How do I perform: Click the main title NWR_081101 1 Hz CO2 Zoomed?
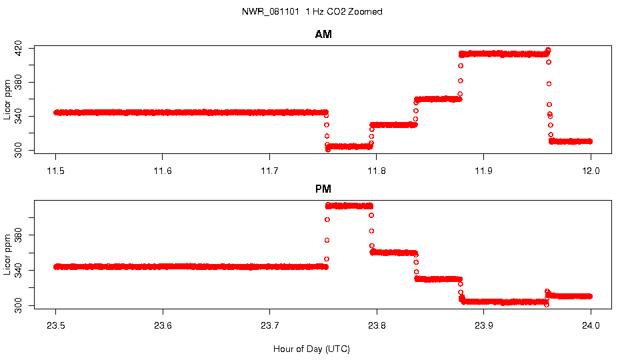coord(312,12)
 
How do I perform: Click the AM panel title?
coord(323,35)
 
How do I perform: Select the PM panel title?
coord(323,189)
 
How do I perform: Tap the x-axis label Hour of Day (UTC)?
coord(311,349)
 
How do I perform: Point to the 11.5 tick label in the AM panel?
coord(56,171)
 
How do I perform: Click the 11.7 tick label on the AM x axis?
coord(269,171)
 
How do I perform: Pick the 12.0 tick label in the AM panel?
coord(591,171)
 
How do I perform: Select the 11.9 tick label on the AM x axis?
coord(483,171)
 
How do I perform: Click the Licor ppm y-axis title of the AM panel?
coord(7,99)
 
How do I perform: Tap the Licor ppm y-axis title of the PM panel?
coord(7,253)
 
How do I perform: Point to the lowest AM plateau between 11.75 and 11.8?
coord(349,146)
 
